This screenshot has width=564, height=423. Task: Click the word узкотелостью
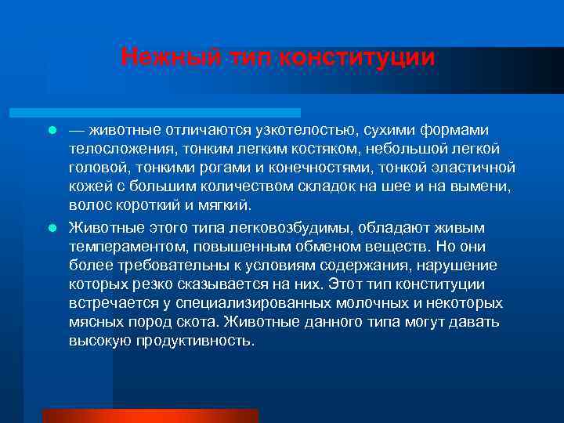pos(301,129)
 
